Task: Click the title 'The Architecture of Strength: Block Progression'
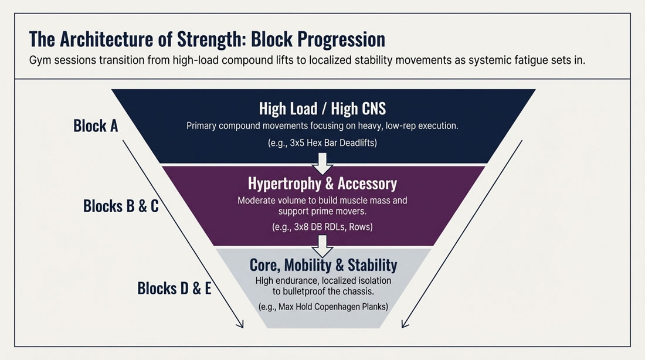(207, 39)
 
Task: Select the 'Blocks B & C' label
(121, 206)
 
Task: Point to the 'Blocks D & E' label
(174, 288)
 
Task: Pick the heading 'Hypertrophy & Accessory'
(322, 184)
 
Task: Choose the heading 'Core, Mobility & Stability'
(323, 264)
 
